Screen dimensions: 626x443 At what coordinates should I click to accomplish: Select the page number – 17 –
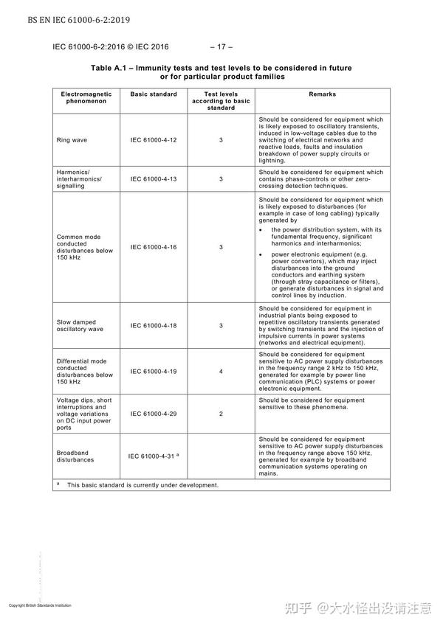221,46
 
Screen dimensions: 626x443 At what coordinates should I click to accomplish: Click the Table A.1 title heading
221,72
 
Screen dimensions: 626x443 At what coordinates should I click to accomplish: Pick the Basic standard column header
154,94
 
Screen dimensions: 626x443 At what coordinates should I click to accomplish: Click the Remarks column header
322,94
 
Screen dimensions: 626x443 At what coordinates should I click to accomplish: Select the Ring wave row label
71,139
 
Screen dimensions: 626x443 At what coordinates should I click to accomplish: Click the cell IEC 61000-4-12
154,139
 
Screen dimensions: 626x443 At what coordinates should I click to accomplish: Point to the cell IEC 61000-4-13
154,178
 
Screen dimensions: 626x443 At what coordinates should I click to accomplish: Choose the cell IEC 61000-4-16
154,247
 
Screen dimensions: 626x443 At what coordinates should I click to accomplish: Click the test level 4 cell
221,371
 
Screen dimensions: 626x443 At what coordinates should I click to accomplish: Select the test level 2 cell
221,414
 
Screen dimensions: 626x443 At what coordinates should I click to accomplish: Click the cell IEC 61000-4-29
154,414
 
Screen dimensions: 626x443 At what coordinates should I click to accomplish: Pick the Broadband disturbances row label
75,456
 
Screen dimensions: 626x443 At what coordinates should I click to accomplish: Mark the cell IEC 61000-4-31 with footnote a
154,456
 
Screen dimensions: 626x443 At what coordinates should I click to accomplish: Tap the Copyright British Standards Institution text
40,605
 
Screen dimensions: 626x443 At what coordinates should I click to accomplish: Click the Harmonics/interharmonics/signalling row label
79,178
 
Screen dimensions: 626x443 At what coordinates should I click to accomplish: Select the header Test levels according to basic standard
221,101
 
